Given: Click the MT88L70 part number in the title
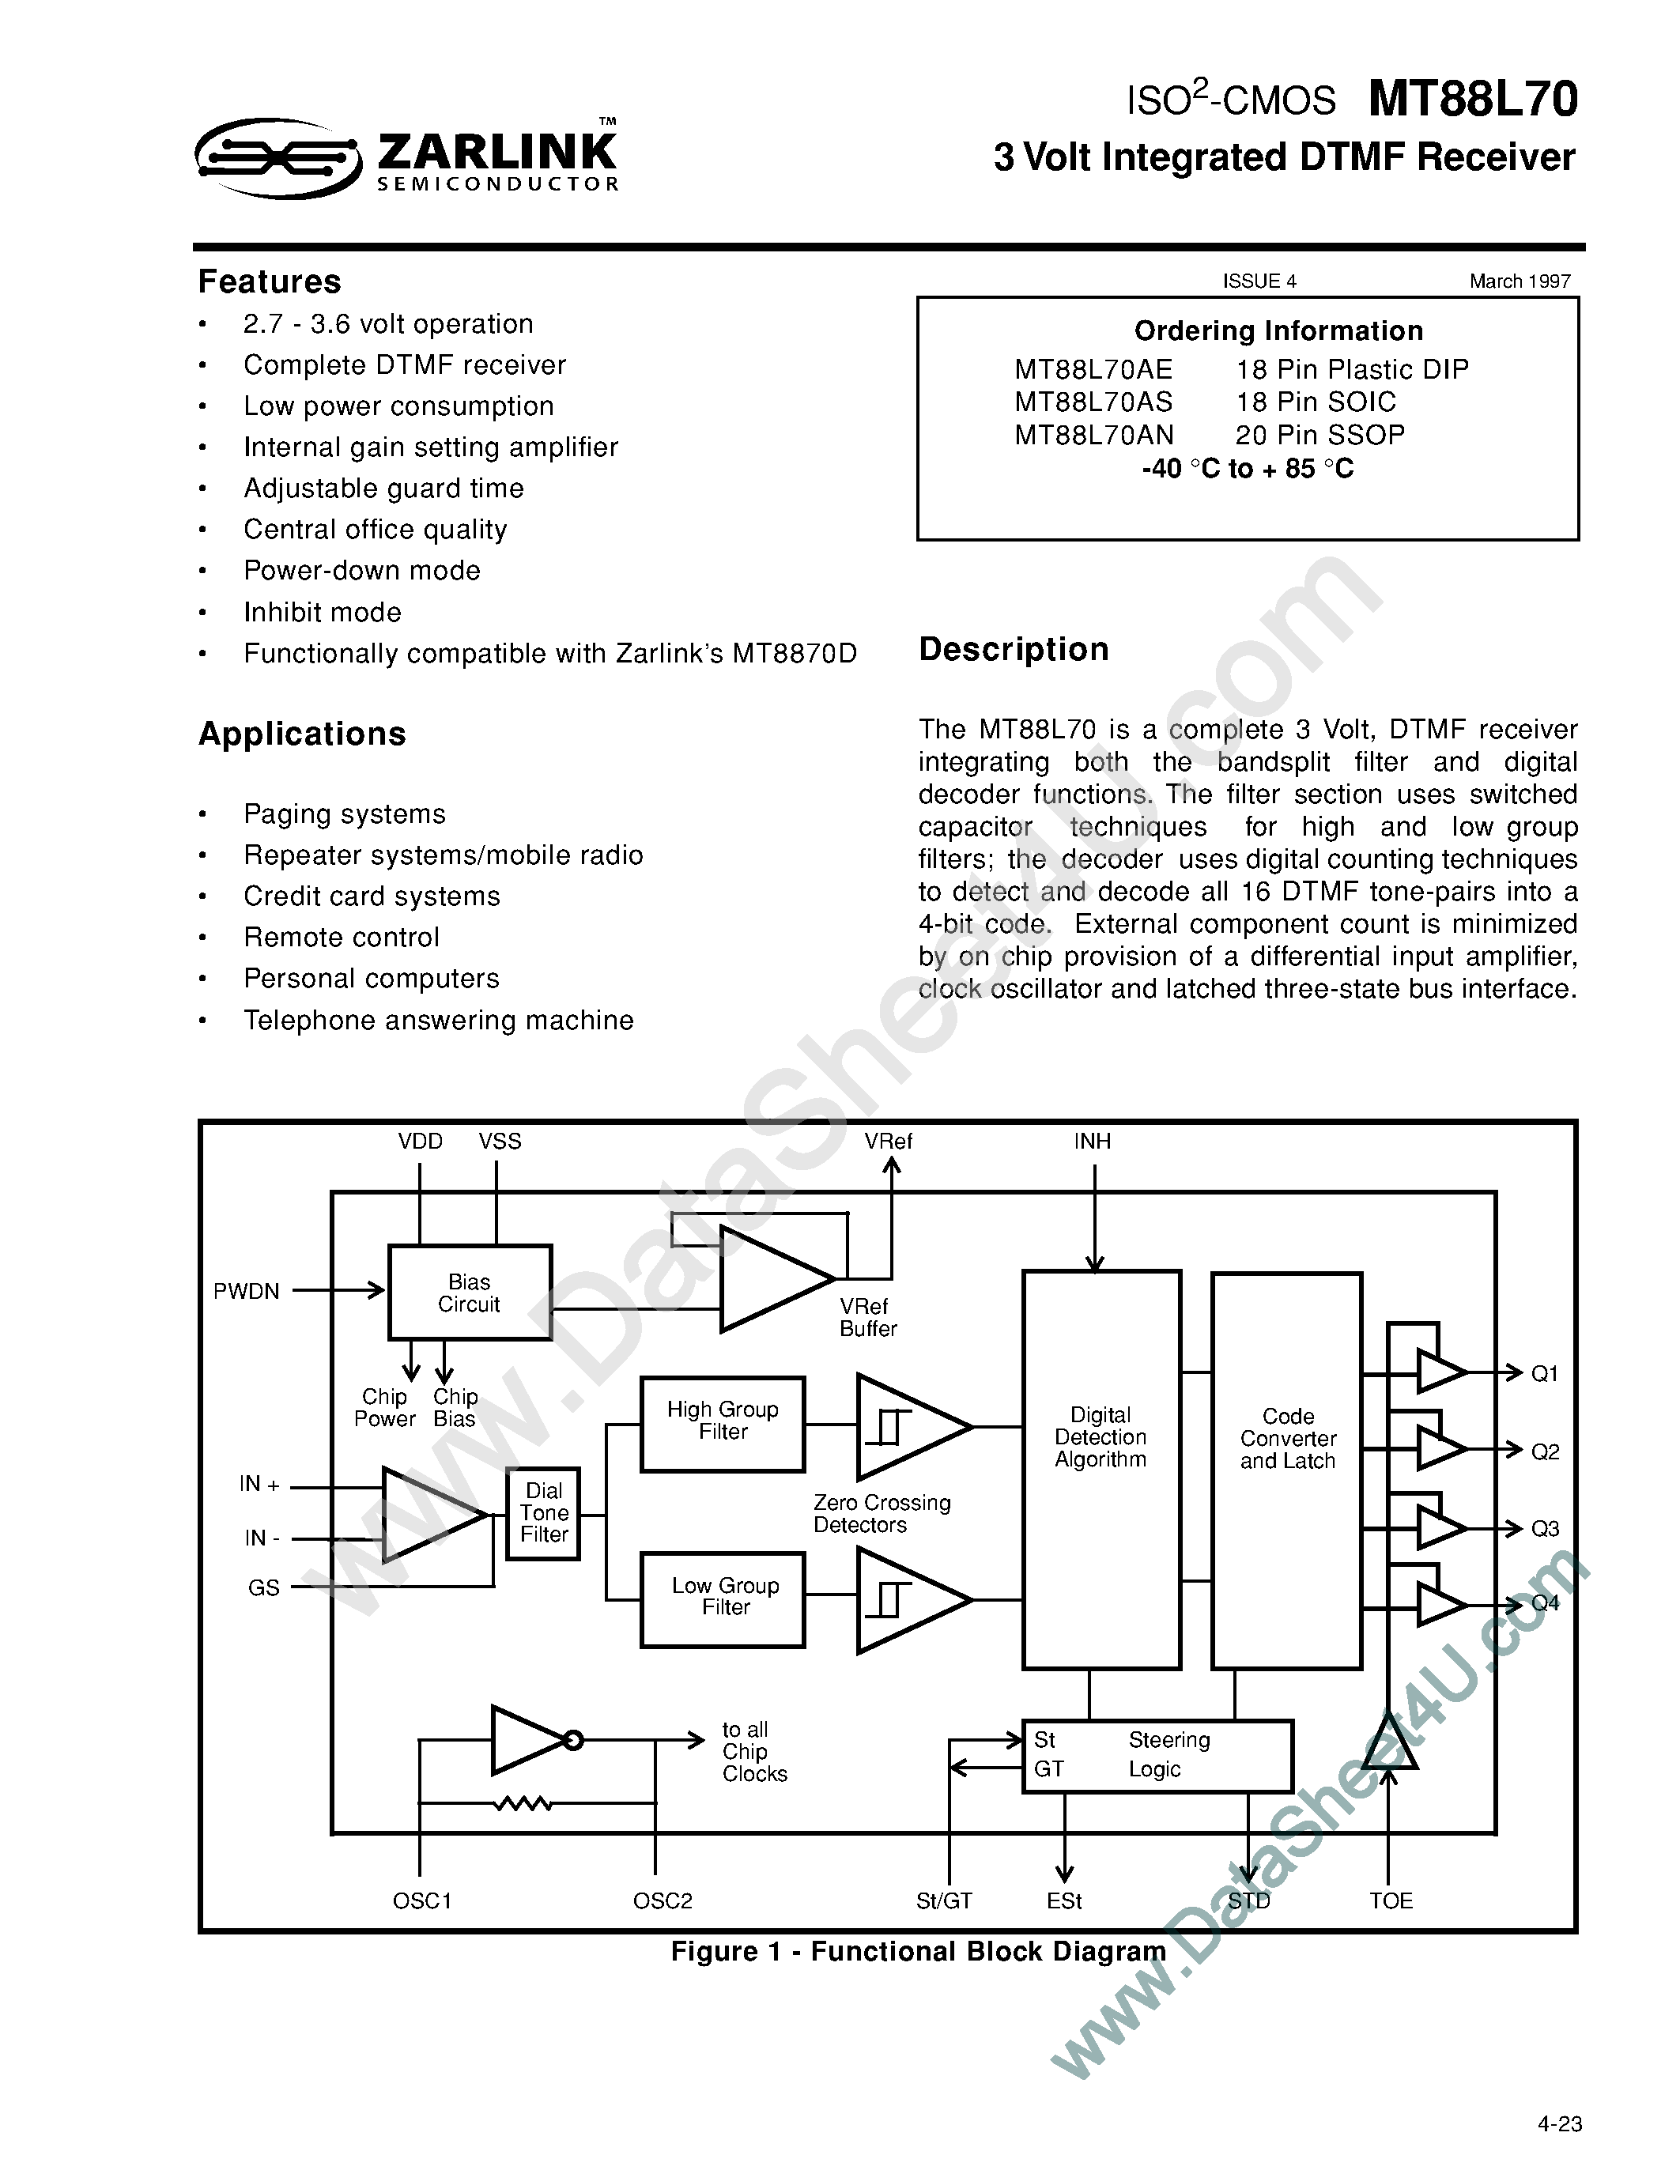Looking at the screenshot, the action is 1472,100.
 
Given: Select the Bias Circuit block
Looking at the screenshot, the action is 469,1292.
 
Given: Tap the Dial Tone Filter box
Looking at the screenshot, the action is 543,1513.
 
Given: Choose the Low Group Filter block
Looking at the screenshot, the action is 723,1598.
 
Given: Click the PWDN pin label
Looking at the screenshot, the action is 246,1291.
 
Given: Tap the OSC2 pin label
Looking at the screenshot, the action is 662,1901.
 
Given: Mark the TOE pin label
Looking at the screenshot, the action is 1391,1901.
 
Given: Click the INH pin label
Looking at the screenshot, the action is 1092,1142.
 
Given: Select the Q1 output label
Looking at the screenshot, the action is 1545,1374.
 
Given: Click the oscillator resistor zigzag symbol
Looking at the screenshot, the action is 523,1802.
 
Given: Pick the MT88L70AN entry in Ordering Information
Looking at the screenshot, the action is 1094,435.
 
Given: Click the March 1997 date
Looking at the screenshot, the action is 1520,281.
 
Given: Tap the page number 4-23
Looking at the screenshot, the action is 1558,2124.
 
